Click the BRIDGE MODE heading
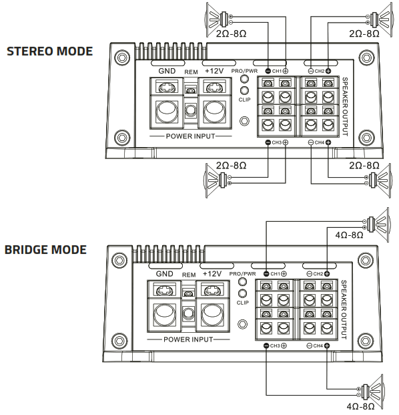click(x=45, y=249)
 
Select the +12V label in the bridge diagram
click(x=212, y=274)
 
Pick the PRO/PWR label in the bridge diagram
click(x=242, y=274)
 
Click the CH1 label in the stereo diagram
click(x=276, y=70)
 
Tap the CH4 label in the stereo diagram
click(x=319, y=143)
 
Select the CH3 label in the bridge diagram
click(x=275, y=345)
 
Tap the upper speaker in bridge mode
click(x=376, y=221)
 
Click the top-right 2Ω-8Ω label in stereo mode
click(x=364, y=33)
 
